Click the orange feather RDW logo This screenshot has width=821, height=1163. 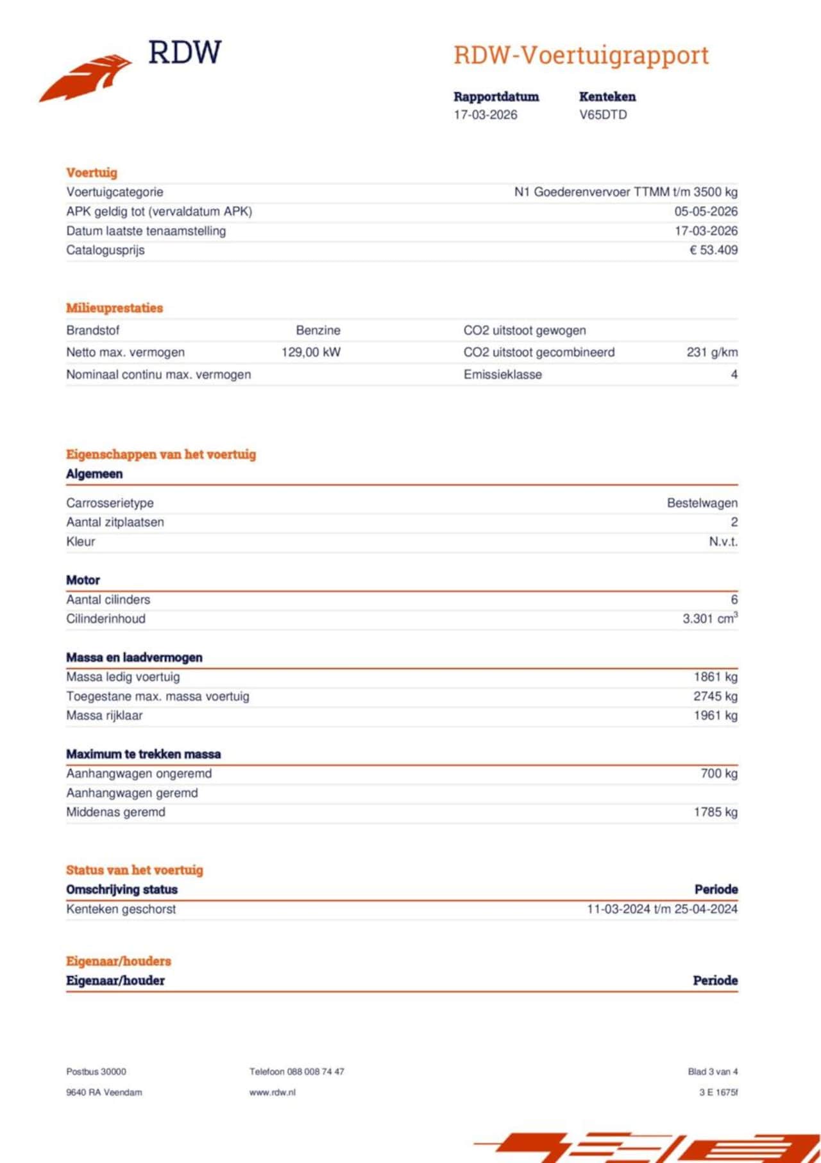pos(87,77)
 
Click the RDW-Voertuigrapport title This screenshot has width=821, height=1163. pos(581,55)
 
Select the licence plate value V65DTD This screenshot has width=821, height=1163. pos(603,115)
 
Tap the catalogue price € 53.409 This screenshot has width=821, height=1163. pos(713,250)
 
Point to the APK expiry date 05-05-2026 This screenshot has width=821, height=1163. pos(706,211)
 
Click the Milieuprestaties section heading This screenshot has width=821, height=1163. pos(114,307)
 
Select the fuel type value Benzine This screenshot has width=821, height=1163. pos(318,330)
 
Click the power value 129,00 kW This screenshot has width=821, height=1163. pos(311,352)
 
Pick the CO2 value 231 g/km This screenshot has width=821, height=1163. pos(712,352)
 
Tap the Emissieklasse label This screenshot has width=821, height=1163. pos(502,374)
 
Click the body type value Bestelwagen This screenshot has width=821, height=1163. pos(702,503)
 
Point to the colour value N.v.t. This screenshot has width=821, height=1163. pos(723,541)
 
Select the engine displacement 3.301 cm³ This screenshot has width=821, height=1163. pos(709,619)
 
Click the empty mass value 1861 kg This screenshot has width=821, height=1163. pos(715,676)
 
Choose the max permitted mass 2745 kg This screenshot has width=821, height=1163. pos(715,696)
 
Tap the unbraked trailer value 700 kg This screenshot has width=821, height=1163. pos(719,773)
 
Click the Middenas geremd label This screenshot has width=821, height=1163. pos(115,812)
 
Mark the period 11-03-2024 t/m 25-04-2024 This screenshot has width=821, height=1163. pos(662,909)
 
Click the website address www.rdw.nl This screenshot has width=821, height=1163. pos(273,1092)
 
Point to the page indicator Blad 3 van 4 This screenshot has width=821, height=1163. pos(713,1071)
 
